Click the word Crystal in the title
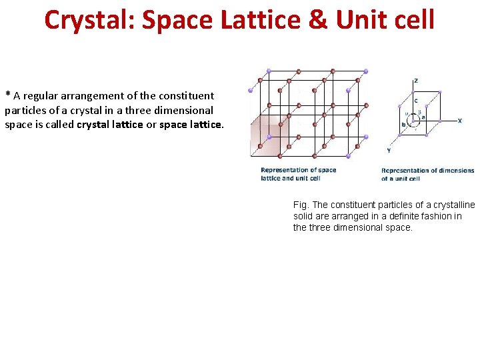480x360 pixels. pos(87,20)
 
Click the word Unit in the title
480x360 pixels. pos(360,20)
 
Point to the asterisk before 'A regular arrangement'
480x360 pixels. pos(8,95)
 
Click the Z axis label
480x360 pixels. pos(416,81)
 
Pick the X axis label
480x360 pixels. pos(459,121)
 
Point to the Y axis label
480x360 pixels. pos(388,150)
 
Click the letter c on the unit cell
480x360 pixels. pos(416,101)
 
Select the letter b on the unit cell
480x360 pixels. pos(403,125)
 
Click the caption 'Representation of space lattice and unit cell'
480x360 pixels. pos(298,174)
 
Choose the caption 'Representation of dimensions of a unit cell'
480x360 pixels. pos(427,174)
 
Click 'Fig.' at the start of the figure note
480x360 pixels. pos(301,205)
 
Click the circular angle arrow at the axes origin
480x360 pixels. pos(414,120)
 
